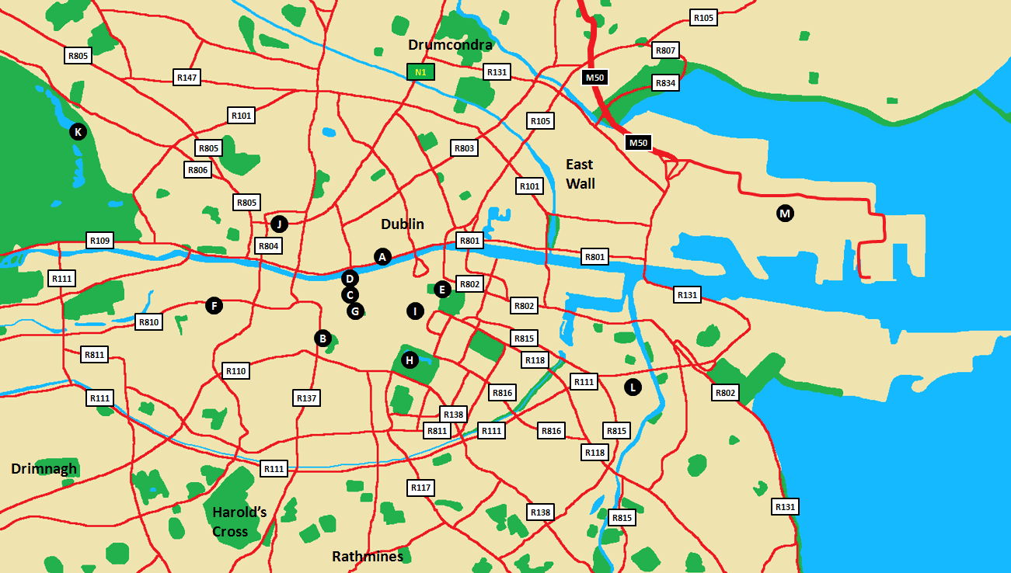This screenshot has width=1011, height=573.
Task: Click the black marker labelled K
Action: coord(77,132)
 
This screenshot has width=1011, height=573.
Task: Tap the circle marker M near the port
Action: coord(785,214)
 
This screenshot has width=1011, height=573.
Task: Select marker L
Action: coord(633,387)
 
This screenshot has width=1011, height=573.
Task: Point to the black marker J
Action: coord(279,224)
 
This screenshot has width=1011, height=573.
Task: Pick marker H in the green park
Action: coord(410,359)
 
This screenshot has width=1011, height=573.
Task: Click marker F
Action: coord(214,306)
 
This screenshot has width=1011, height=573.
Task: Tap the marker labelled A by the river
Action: coord(382,257)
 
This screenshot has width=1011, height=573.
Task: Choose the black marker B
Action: coord(322,339)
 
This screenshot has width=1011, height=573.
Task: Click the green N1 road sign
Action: coord(420,72)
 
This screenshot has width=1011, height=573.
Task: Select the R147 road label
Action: coord(187,77)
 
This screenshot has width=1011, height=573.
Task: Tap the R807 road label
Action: coord(666,50)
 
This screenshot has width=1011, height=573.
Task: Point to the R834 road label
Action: coord(666,82)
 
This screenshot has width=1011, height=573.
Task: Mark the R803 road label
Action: coord(464,148)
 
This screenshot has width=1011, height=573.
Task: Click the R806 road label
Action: coord(198,170)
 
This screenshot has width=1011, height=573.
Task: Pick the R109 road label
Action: coord(100,241)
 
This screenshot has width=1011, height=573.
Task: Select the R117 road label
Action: coord(420,488)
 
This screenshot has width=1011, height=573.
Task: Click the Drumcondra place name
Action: coord(450,45)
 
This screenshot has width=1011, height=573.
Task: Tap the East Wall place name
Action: coord(580,174)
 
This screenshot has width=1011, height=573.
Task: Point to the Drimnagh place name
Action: coord(44,468)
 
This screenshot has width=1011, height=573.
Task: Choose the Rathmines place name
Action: coord(368,557)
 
